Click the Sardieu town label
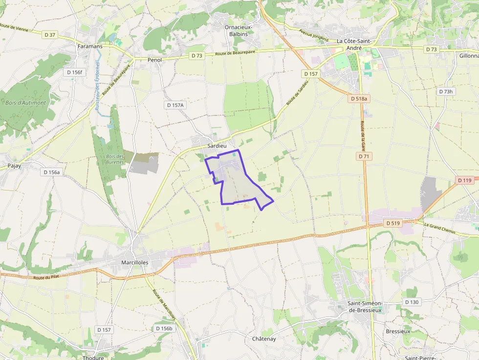click(x=217, y=146)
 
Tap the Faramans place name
click(x=90, y=46)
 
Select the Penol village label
click(x=154, y=60)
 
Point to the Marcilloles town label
click(x=134, y=262)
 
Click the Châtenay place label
click(x=264, y=339)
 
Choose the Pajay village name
click(x=14, y=166)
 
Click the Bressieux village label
click(x=398, y=331)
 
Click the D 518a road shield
click(x=359, y=99)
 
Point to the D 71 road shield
click(x=363, y=156)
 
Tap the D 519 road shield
click(x=392, y=223)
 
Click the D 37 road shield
click(x=50, y=35)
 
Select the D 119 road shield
click(x=465, y=180)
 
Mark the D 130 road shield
click(x=412, y=302)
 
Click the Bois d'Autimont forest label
click(x=26, y=103)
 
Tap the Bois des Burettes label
click(x=115, y=159)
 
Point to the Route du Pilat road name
click(x=46, y=278)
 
